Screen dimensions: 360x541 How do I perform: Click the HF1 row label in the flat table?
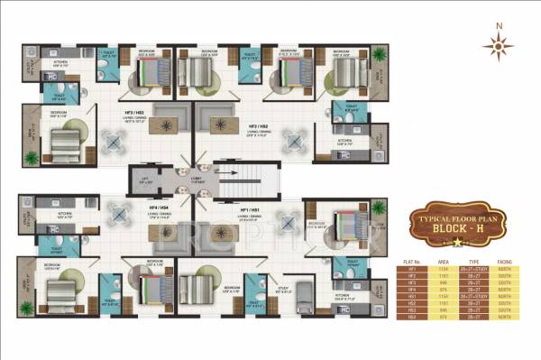[x=411, y=265]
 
